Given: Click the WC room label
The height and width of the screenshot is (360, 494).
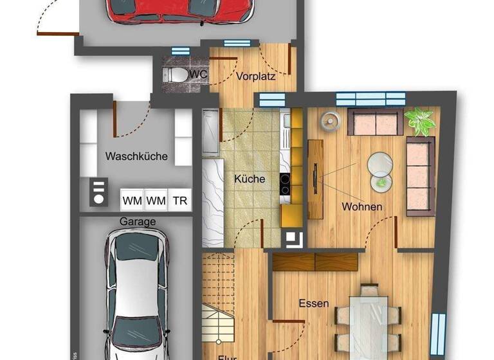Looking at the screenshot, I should (200, 75).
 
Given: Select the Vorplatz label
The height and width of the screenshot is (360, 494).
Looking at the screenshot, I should (255, 76).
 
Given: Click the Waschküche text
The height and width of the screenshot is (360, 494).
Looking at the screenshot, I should (136, 156).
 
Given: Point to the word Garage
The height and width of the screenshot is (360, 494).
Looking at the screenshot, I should (137, 221).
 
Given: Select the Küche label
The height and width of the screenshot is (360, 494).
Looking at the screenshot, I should (249, 179).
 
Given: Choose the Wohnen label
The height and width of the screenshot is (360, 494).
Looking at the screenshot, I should (362, 207).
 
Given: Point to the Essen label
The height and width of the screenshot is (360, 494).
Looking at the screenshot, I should (313, 303).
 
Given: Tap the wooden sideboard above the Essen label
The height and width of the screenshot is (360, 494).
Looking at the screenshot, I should (315, 262).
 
